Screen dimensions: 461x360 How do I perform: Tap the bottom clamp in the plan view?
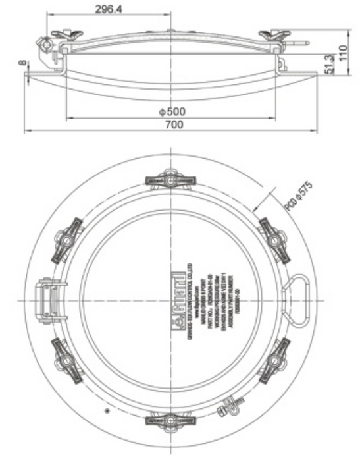(x=170, y=420)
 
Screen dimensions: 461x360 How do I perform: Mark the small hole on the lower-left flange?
(x=107, y=411)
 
